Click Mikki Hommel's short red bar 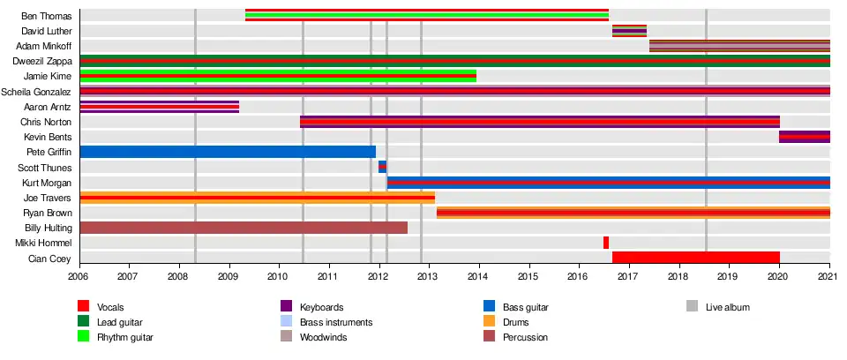coord(606,243)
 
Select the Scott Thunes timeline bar coord(382,167)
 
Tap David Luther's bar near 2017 coord(629,31)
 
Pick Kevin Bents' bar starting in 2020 coord(804,137)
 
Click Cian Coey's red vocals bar coord(695,258)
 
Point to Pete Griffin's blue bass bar coord(228,152)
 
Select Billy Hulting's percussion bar coord(244,228)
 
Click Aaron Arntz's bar coord(159,107)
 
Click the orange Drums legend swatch coord(490,322)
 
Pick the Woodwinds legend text coord(322,337)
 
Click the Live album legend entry coord(728,307)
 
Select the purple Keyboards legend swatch coord(286,307)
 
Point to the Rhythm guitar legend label coord(125,337)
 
